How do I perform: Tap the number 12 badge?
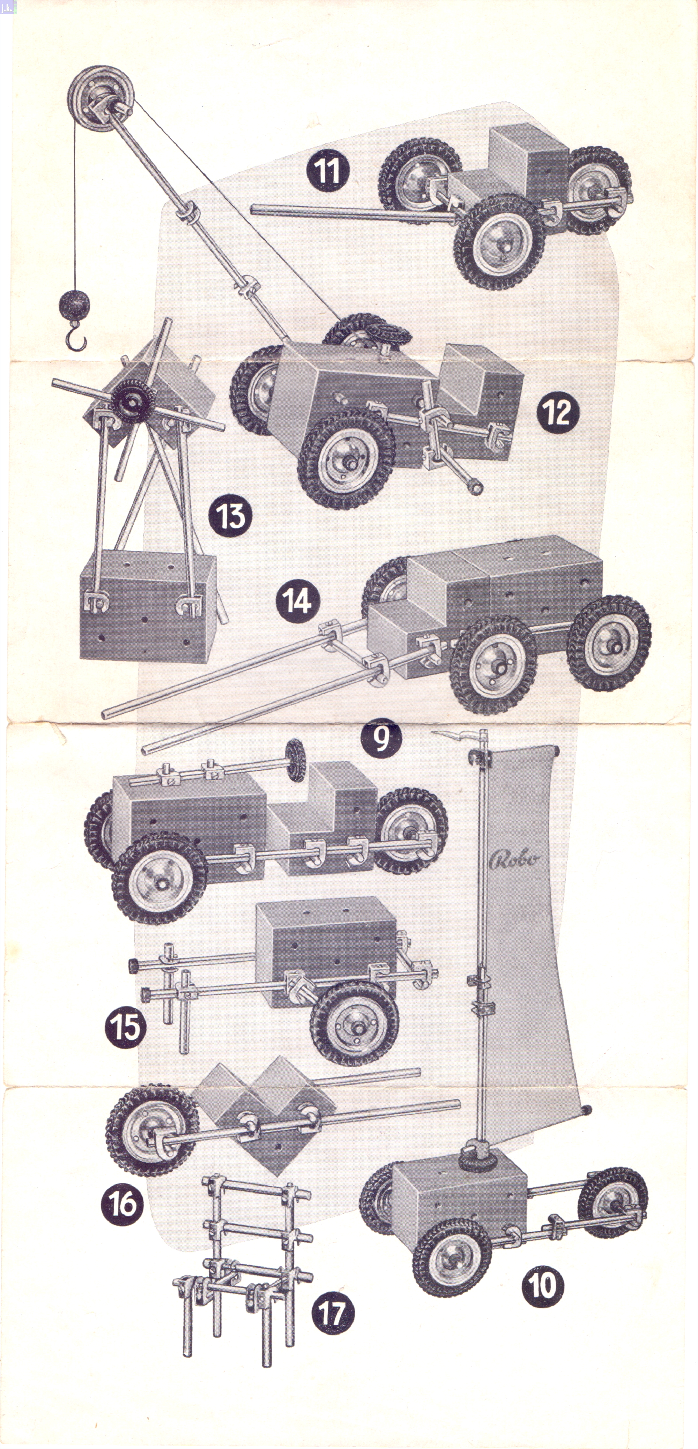click(x=557, y=412)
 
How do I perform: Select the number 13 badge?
click(x=230, y=515)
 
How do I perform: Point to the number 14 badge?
click(x=298, y=600)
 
